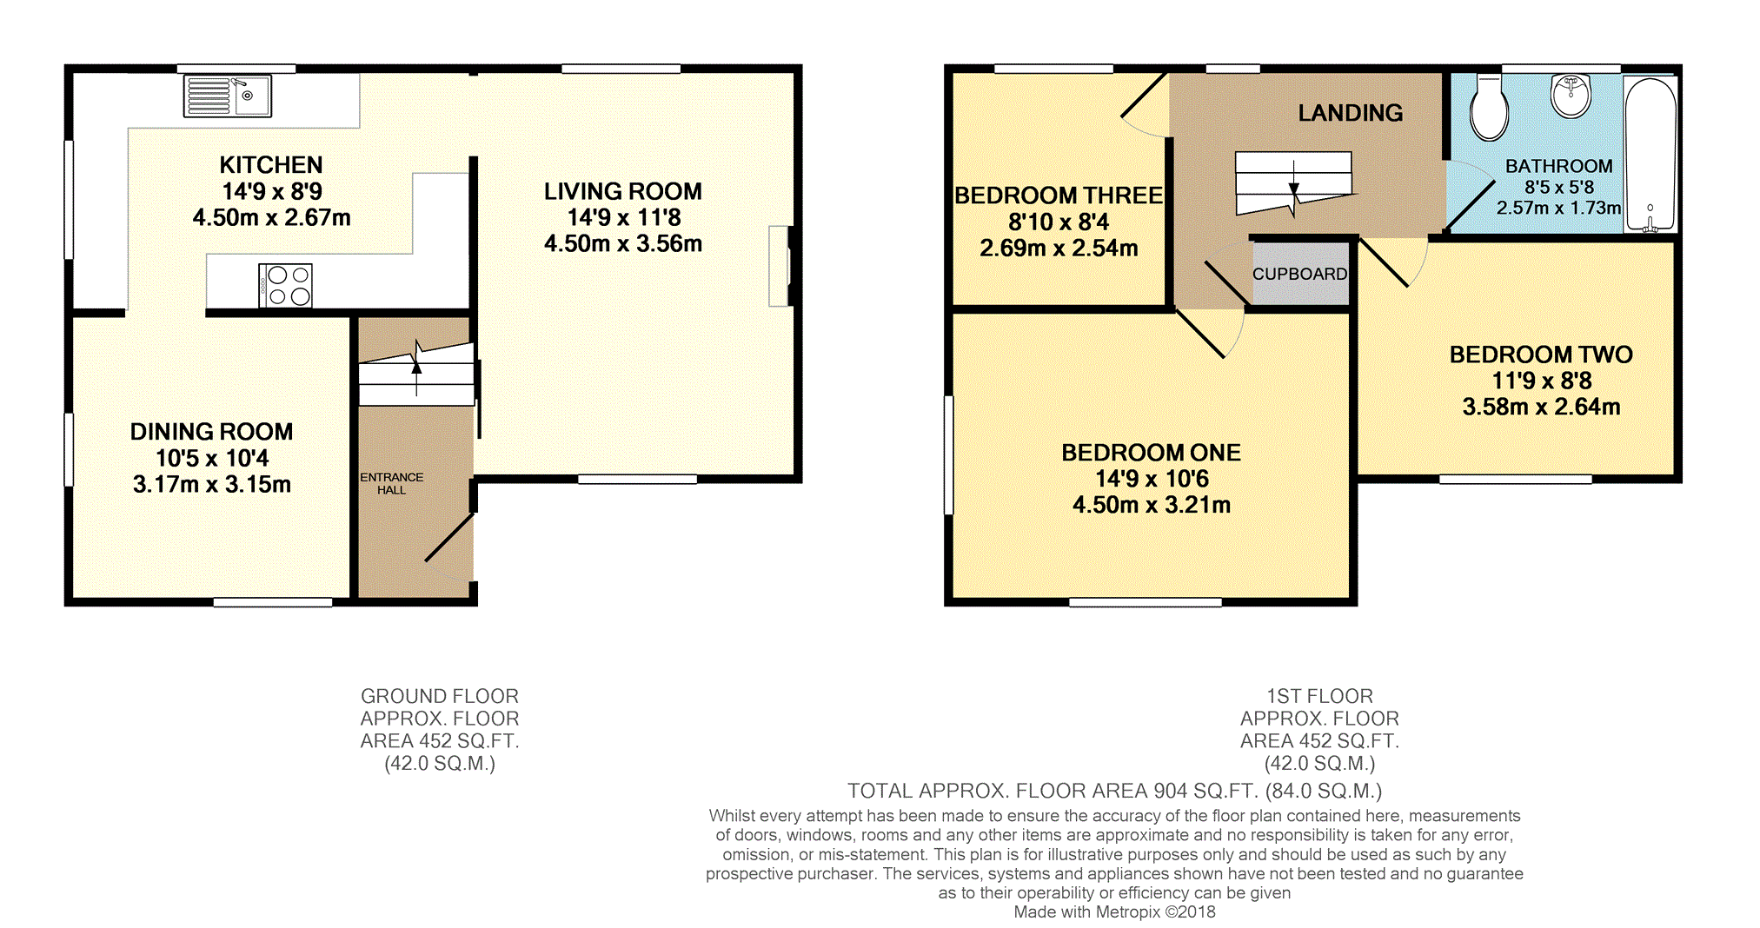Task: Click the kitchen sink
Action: [x=228, y=96]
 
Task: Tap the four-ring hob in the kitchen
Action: [x=286, y=285]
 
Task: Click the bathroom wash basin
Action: [x=1571, y=96]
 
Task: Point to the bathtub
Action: [x=1650, y=155]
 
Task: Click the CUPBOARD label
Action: [x=1299, y=274]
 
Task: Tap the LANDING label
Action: [x=1350, y=113]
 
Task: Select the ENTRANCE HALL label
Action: [x=391, y=484]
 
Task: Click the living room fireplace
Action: [x=780, y=266]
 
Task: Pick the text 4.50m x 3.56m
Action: [x=623, y=244]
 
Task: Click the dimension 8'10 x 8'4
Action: [x=1058, y=222]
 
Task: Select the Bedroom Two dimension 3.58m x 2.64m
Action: [x=1541, y=407]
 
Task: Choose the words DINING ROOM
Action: [x=211, y=432]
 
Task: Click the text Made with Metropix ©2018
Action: [x=1114, y=911]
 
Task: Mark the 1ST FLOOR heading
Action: [x=1318, y=696]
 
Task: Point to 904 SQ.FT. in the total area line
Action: [x=1205, y=791]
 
